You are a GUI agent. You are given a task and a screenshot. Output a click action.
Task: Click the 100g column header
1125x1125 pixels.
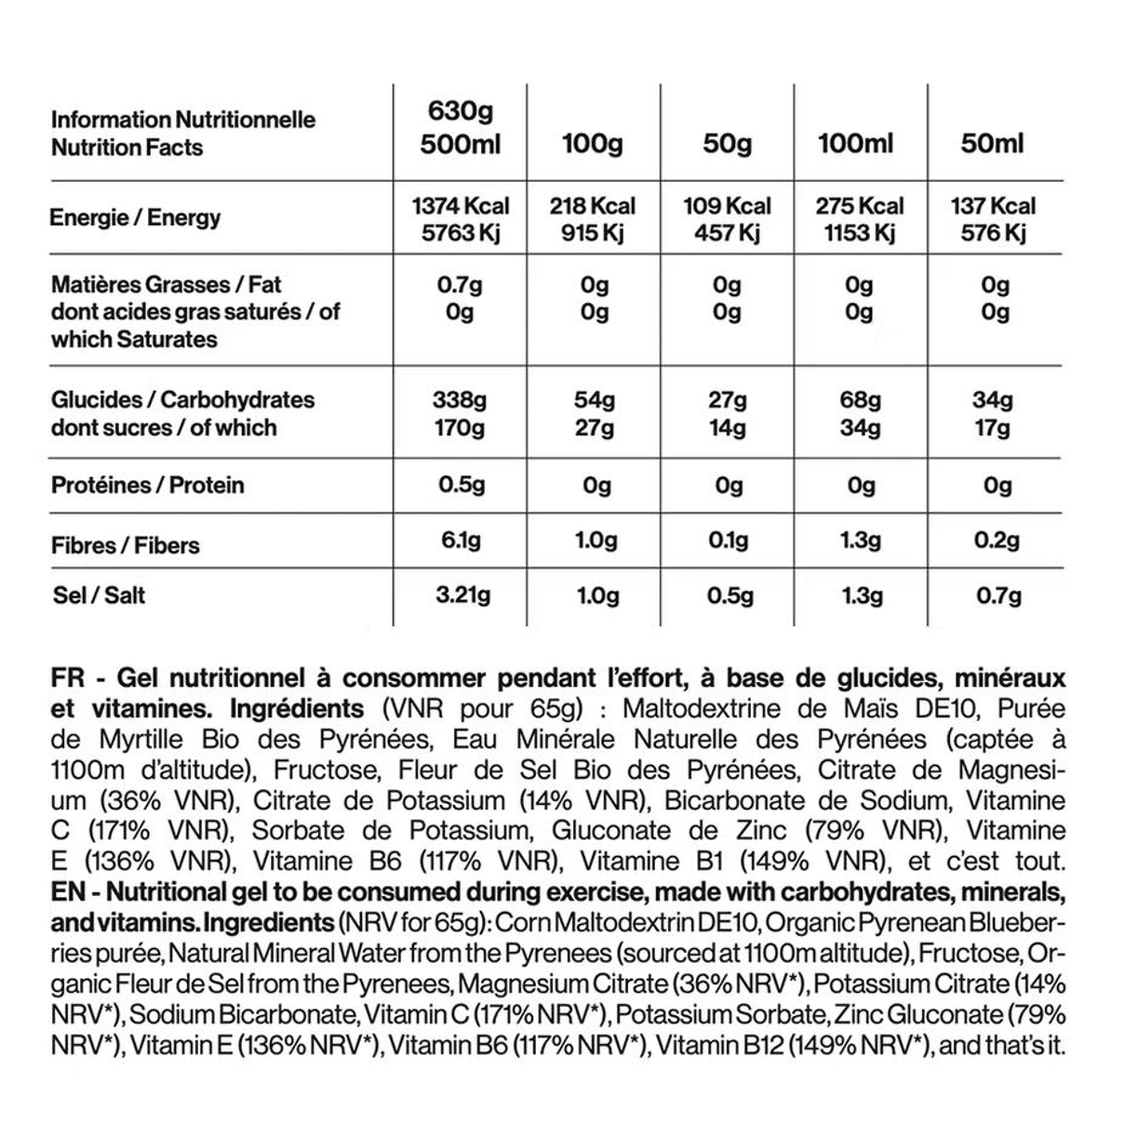coord(593,144)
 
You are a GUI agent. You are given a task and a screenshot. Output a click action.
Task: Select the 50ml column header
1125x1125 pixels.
coord(992,143)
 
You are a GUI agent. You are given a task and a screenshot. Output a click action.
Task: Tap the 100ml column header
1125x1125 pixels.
coord(855,143)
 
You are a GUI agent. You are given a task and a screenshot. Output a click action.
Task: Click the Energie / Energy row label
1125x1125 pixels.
coord(135,218)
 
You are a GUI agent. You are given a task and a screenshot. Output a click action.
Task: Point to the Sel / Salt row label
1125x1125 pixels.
coord(99,595)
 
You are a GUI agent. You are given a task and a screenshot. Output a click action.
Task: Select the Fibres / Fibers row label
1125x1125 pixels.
coord(126,545)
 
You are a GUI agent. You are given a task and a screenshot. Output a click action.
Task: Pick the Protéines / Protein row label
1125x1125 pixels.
coord(147,485)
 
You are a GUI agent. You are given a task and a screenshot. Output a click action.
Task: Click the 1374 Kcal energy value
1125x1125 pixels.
coord(461,206)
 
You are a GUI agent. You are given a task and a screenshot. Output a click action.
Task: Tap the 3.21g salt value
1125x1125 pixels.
coord(462,595)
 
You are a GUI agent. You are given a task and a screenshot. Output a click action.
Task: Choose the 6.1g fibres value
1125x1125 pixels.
coord(461,541)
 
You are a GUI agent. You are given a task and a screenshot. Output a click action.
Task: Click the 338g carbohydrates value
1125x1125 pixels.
coord(460,400)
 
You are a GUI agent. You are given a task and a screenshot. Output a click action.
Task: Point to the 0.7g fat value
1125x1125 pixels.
coord(460,285)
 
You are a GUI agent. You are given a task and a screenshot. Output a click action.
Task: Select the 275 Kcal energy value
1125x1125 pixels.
coord(860,206)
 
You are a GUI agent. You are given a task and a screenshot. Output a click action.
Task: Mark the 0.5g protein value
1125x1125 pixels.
coord(462,485)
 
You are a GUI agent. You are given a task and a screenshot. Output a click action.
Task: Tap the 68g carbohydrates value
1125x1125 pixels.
coord(860,400)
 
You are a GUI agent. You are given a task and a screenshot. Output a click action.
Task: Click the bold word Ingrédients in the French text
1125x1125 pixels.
coord(297,709)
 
